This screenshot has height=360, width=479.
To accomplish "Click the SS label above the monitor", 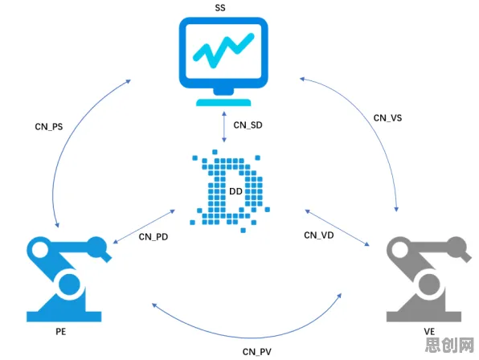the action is point(220,7).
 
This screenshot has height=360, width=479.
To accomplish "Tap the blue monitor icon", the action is point(223,61).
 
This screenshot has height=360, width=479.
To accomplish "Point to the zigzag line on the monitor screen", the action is point(223,51).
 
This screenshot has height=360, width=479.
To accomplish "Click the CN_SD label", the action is point(248,125).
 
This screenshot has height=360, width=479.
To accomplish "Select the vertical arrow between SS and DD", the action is point(224,127).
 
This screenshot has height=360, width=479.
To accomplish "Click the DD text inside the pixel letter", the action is point(235,191).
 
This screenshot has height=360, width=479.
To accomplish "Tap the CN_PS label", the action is point(49,127).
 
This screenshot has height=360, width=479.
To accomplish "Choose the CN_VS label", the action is point(387,118).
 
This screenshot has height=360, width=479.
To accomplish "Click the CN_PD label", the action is point(154,236).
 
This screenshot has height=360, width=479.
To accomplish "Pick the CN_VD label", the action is point(318,235).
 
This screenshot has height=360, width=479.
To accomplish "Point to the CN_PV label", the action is point(257,352).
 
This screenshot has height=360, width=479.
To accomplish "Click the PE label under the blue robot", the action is point(61,332).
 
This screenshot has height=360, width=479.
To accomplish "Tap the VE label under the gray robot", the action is point(429,332).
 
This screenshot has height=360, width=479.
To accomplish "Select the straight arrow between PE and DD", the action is point(144,227).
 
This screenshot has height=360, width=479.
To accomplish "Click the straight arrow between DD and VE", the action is point(337,227).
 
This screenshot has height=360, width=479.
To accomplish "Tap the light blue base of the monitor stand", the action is point(223,102).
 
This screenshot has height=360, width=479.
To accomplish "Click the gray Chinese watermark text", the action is point(449,346).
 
